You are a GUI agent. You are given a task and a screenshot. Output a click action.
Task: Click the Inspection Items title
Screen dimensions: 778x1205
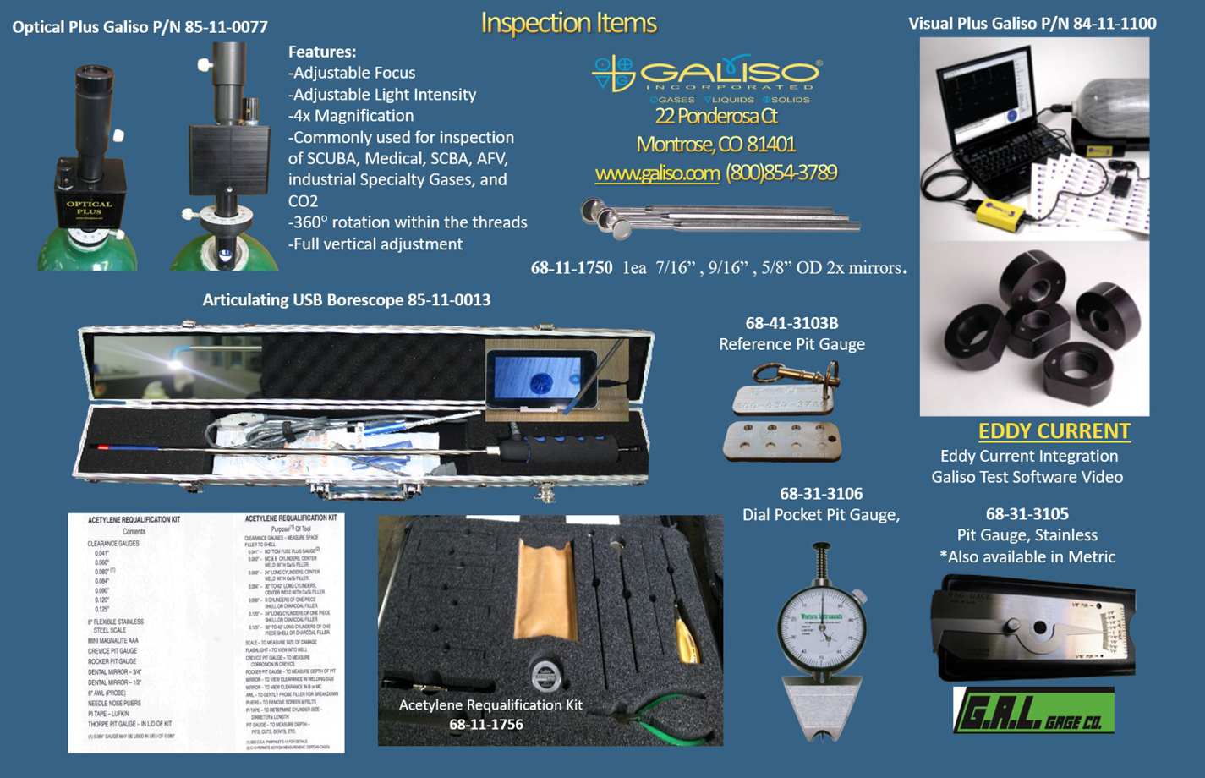click(568, 23)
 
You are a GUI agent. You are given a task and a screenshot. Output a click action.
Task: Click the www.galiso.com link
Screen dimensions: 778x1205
click(657, 173)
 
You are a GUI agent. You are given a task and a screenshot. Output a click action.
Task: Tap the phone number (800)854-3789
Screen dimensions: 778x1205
click(781, 173)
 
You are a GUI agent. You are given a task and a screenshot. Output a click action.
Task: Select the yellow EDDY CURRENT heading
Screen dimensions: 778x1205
click(1054, 431)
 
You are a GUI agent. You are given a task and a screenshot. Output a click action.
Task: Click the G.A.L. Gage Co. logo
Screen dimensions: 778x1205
click(1033, 710)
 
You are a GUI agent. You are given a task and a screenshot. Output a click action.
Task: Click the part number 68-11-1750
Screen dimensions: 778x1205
click(572, 268)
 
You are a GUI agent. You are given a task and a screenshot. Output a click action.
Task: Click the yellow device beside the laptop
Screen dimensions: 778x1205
click(1004, 214)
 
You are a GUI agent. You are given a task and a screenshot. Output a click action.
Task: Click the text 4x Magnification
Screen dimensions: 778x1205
click(351, 116)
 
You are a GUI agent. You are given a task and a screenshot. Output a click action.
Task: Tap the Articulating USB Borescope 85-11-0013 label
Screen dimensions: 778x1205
click(347, 300)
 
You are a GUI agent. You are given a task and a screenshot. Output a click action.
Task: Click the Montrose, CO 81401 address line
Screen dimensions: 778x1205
click(715, 145)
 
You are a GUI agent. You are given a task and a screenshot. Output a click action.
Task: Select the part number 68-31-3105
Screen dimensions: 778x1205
click(1027, 514)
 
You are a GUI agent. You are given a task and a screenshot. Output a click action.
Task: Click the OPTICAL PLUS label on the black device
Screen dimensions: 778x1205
click(89, 207)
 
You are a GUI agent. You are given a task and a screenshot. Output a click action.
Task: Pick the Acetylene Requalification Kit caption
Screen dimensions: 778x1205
click(490, 705)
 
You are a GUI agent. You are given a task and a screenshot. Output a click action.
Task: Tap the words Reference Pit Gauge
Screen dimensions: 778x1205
click(791, 344)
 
